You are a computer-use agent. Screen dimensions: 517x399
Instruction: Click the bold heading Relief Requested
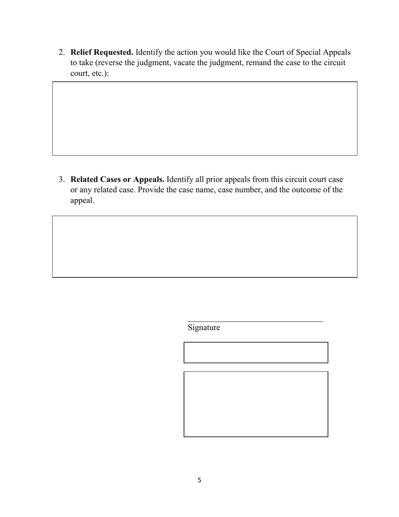(x=102, y=53)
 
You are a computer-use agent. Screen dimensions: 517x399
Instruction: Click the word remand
(x=249, y=63)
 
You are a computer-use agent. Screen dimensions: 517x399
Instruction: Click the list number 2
(x=61, y=53)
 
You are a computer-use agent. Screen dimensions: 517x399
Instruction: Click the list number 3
(x=61, y=180)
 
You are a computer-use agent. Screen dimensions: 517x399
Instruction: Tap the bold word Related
(x=84, y=180)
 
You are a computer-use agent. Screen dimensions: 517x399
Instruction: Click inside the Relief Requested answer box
(x=205, y=119)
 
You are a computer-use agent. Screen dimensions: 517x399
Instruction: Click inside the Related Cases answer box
(x=205, y=247)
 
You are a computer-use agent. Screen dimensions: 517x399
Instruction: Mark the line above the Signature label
(x=255, y=322)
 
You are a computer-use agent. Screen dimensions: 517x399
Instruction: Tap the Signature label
(x=204, y=327)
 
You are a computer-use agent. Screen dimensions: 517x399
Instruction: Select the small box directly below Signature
(x=256, y=353)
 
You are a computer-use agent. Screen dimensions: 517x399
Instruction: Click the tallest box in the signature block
(x=256, y=404)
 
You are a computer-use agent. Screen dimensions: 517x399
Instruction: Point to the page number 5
(x=199, y=480)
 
